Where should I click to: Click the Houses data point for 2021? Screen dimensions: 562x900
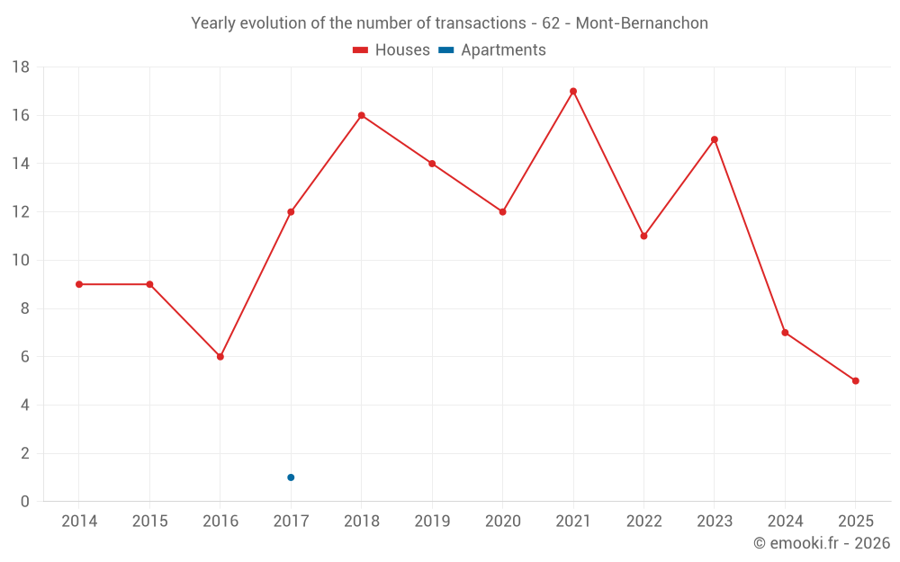573,91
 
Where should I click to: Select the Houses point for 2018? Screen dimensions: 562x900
361,115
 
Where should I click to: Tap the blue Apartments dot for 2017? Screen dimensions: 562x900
291,477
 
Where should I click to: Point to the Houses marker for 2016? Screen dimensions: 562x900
220,357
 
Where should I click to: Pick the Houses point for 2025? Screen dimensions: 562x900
855,380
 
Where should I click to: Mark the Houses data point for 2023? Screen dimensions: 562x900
715,139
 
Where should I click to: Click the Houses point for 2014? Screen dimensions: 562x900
79,284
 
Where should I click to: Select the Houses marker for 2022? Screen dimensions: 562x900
643,236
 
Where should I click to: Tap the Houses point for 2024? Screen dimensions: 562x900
785,333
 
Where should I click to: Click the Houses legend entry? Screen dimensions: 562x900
391,50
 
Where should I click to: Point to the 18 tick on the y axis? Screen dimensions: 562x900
21,67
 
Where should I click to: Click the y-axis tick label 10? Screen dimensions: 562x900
21,261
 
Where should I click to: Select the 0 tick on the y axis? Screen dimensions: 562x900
25,502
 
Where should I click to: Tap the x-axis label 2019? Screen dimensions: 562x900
432,522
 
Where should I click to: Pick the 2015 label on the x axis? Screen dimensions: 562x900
149,522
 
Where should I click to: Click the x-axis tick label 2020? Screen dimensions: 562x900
502,522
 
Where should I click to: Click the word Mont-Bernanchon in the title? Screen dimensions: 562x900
642,23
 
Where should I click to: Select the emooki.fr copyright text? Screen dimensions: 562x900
822,543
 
